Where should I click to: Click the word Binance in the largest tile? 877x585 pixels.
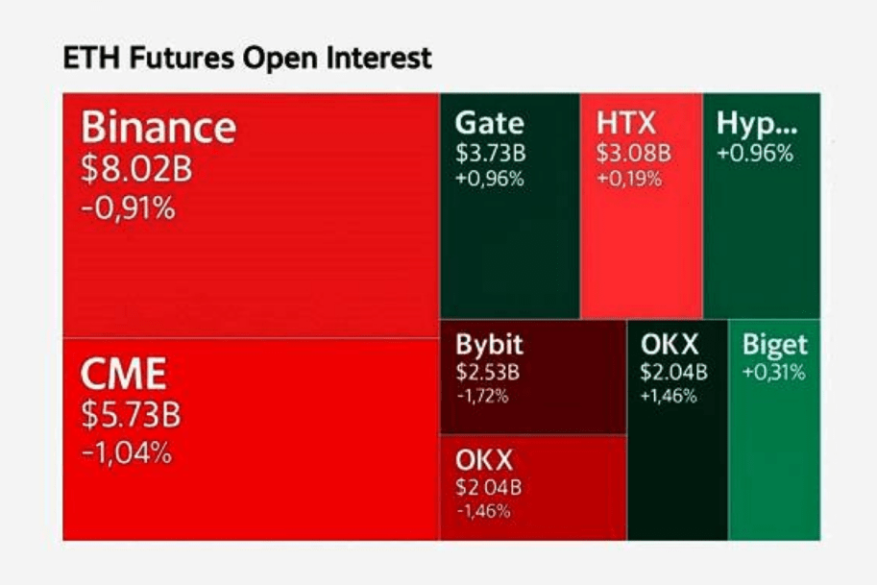[x=158, y=128]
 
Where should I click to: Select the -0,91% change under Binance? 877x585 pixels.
[x=129, y=207]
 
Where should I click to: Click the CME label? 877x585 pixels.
[x=123, y=373]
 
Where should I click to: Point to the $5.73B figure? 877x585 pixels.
[x=131, y=415]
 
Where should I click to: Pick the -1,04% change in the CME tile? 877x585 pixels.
[x=127, y=451]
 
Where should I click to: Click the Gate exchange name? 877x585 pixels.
[x=490, y=124]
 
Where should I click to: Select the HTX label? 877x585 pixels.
[x=625, y=124]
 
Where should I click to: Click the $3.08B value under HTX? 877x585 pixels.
[x=634, y=154]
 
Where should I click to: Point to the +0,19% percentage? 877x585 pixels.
[x=629, y=179]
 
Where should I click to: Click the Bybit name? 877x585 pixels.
[x=490, y=346]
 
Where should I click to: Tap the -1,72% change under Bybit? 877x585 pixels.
[x=482, y=395]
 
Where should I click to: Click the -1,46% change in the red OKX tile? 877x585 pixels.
[x=482, y=510]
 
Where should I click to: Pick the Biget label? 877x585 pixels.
[x=775, y=346]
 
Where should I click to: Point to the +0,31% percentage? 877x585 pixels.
[x=773, y=372]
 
